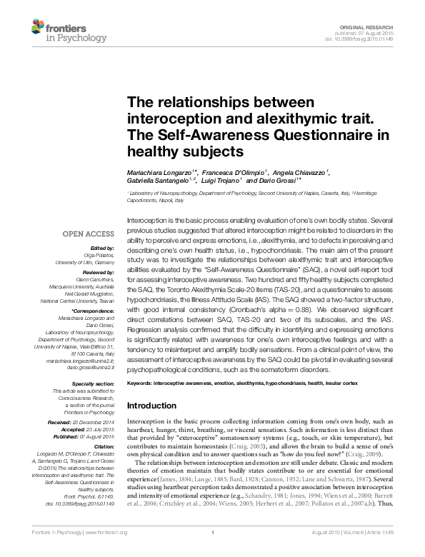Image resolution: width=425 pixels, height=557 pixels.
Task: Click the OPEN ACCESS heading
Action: tap(89, 234)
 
